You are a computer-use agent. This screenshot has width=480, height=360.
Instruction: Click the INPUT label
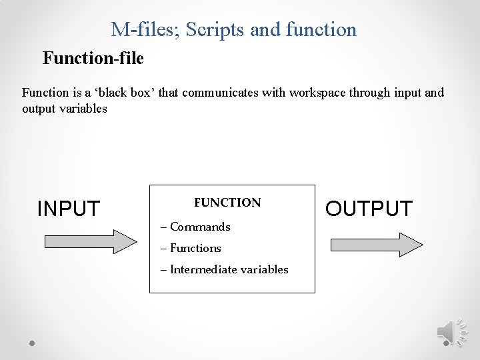pyautogui.click(x=68, y=209)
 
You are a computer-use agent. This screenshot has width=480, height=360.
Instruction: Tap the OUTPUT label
pyautogui.click(x=369, y=209)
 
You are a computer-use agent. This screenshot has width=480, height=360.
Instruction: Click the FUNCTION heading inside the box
pyautogui.click(x=227, y=202)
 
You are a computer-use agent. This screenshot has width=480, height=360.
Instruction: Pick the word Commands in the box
pyautogui.click(x=200, y=227)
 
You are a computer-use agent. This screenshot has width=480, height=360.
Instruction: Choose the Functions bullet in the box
pyautogui.click(x=195, y=248)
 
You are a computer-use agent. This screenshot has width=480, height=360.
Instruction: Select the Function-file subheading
pyautogui.click(x=93, y=59)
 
